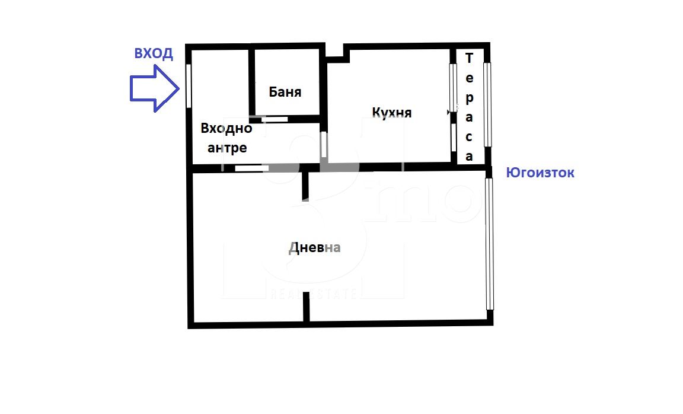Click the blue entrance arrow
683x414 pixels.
pyautogui.click(x=155, y=88)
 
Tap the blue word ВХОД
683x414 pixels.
pyautogui.click(x=154, y=53)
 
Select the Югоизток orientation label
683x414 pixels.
pyautogui.click(x=540, y=173)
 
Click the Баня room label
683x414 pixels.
pyautogui.click(x=285, y=91)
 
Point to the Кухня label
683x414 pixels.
pyautogui.click(x=391, y=113)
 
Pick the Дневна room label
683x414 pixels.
pyautogui.click(x=314, y=247)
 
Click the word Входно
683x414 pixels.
pyautogui.click(x=226, y=128)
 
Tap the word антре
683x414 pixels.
pyautogui.click(x=227, y=148)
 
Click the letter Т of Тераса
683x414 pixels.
pyautogui.click(x=469, y=58)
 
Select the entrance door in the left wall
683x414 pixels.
pyautogui.click(x=189, y=85)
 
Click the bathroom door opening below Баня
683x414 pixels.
pyautogui.click(x=275, y=119)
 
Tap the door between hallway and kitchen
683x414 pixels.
pyautogui.click(x=324, y=144)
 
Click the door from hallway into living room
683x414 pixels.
pyautogui.click(x=252, y=168)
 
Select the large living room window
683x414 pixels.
pyautogui.click(x=489, y=244)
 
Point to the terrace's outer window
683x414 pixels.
pyautogui.click(x=487, y=104)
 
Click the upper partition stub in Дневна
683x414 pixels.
pyautogui.click(x=305, y=185)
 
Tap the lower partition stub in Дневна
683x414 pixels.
pyautogui.click(x=306, y=307)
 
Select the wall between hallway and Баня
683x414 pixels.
pyautogui.click(x=252, y=82)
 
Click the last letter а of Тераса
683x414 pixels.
pyautogui.click(x=469, y=157)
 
